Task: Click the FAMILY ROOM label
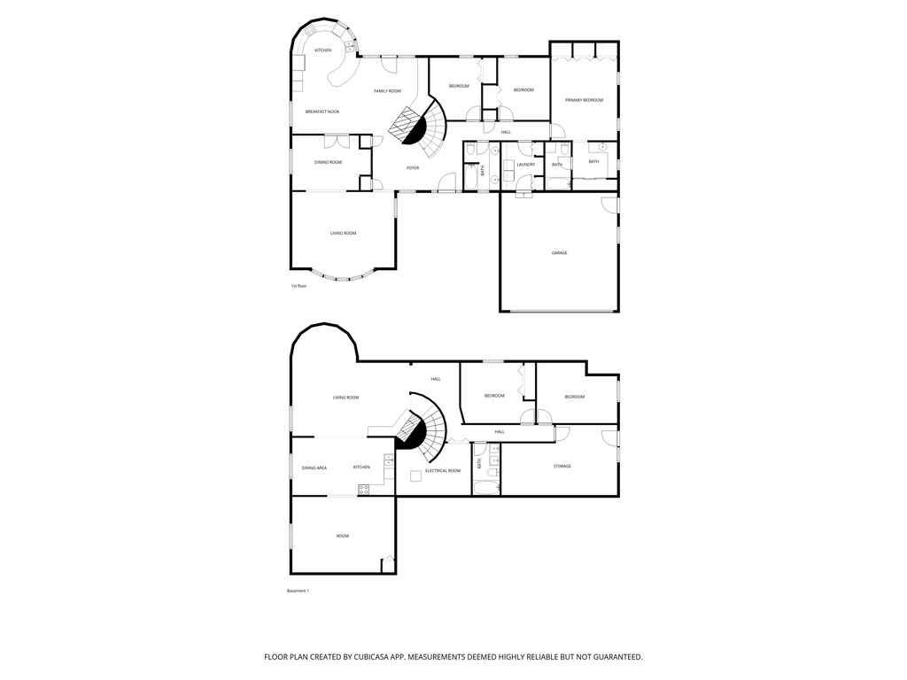(387, 91)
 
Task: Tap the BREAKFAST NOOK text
(322, 112)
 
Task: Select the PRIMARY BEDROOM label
(584, 100)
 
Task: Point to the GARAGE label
(559, 253)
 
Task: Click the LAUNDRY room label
(525, 165)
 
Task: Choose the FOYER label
(413, 168)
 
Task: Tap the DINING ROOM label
(328, 162)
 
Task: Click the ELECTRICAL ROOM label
(443, 471)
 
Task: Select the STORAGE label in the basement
(562, 467)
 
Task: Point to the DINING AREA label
(314, 467)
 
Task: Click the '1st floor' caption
(298, 287)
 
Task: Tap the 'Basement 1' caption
(298, 591)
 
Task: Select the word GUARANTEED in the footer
(612, 657)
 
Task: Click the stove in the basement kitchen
(363, 489)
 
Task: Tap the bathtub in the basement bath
(485, 487)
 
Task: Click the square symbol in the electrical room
(415, 476)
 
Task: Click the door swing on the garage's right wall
(609, 205)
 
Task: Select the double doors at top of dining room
(336, 140)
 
